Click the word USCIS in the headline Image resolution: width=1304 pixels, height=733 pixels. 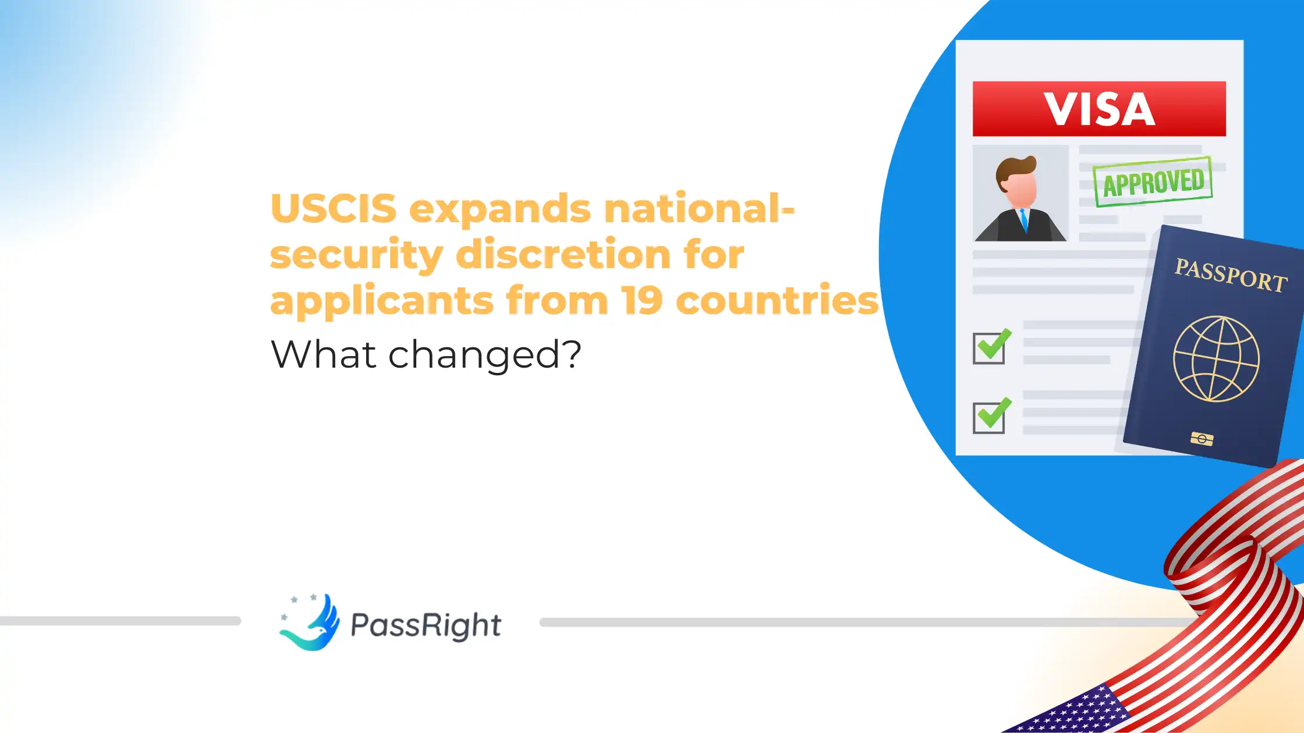[x=334, y=208]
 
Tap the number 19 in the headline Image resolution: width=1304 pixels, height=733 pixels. [x=642, y=300]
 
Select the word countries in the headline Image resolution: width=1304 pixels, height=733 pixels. [x=777, y=300]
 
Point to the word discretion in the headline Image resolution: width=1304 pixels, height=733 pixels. [x=563, y=255]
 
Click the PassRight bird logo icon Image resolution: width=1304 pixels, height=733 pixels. [x=310, y=622]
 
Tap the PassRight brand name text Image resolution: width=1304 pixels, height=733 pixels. [x=426, y=625]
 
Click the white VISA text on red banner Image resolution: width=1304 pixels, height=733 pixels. [x=1099, y=109]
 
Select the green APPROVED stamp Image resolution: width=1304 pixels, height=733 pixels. [x=1153, y=182]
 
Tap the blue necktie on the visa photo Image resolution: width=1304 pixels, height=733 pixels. [x=1024, y=221]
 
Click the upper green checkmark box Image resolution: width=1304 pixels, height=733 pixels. [x=990, y=347]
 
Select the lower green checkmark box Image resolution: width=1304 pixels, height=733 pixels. [x=990, y=417]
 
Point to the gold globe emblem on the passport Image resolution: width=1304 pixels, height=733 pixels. [x=1216, y=359]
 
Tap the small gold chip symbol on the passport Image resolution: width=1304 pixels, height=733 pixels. [x=1202, y=439]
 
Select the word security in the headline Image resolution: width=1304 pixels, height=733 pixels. [x=356, y=255]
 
